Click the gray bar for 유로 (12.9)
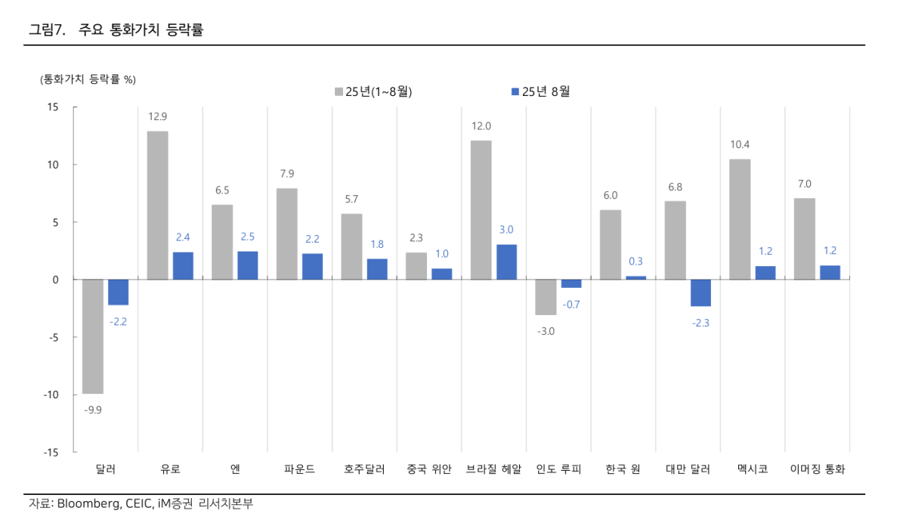coord(157,206)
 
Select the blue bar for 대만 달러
coord(700,292)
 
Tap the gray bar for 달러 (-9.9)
coord(93,336)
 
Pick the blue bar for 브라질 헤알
coord(506,262)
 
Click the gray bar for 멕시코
coord(740,219)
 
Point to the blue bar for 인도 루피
coord(571,283)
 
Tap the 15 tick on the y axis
coord(52,107)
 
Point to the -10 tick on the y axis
coord(50,394)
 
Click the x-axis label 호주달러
coord(364,469)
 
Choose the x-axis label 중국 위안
coord(428,469)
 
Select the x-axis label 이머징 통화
coord(818,469)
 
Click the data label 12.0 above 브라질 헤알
coord(481,126)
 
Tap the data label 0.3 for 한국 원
coord(635,261)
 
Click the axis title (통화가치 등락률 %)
coord(88,79)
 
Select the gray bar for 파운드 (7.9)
coord(287,234)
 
